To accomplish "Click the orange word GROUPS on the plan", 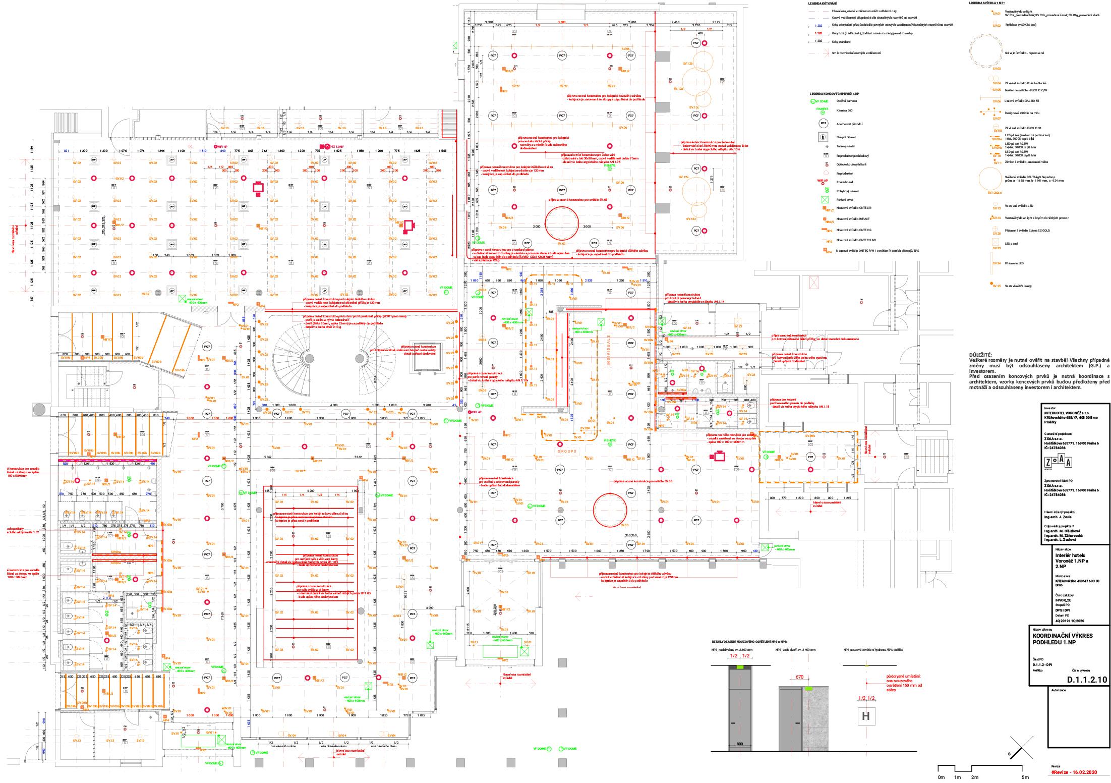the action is click(567, 452).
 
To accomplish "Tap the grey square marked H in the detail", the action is click(865, 716).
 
